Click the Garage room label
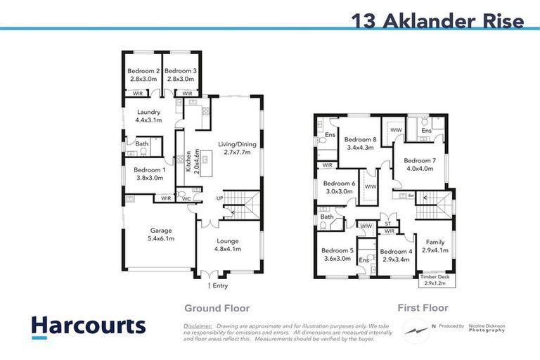click(x=159, y=234)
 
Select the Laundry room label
click(x=148, y=116)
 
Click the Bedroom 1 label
click(x=143, y=174)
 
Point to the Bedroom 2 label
click(x=143, y=75)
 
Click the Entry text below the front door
click(x=219, y=285)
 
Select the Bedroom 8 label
click(x=360, y=143)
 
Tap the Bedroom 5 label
click(x=337, y=255)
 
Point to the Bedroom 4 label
click(x=395, y=255)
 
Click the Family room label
click(x=436, y=246)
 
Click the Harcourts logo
click(x=89, y=326)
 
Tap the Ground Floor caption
click(x=217, y=308)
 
